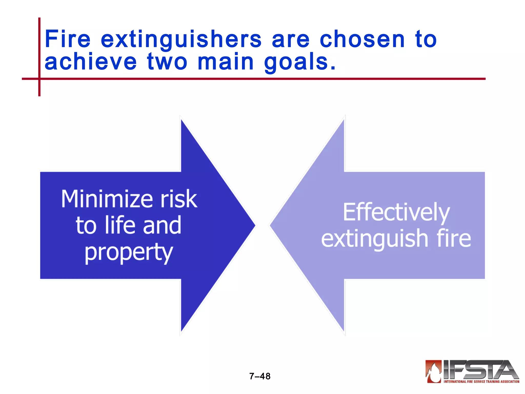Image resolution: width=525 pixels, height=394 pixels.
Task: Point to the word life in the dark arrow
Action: (x=120, y=225)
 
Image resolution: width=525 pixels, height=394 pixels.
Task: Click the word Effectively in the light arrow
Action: (x=396, y=212)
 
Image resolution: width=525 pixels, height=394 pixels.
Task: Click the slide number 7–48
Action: (x=260, y=376)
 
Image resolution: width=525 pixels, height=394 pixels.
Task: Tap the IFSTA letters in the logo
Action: (x=479, y=369)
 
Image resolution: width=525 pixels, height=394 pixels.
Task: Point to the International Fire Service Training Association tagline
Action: (x=481, y=382)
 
